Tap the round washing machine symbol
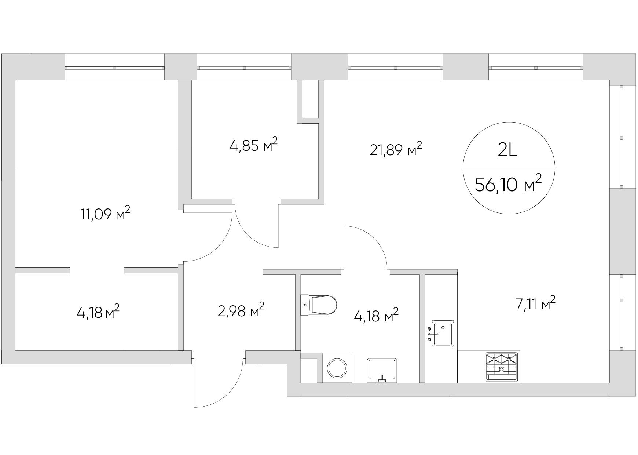[x=337, y=368]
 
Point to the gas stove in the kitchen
[x=501, y=366]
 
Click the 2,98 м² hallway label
[x=241, y=311]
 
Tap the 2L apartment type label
[x=508, y=150]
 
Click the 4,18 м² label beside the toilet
[x=376, y=316]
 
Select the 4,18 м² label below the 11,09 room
[x=98, y=313]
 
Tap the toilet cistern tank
[x=305, y=305]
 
